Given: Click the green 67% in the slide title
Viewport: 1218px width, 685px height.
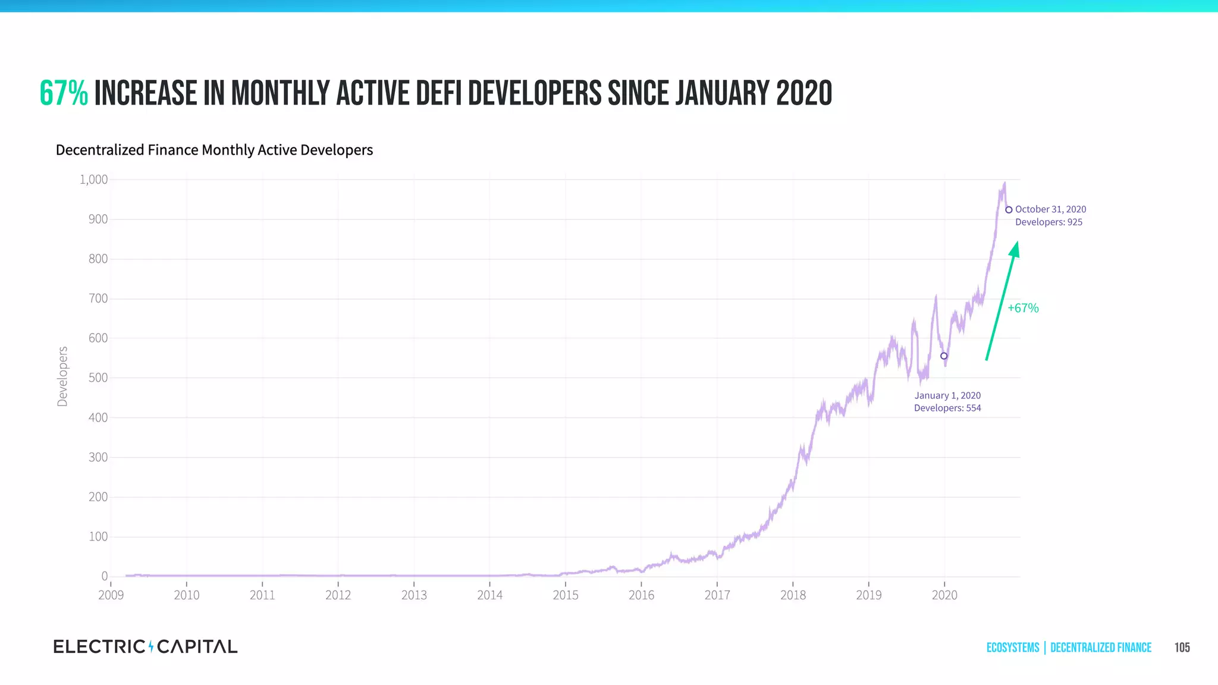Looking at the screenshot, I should click(64, 94).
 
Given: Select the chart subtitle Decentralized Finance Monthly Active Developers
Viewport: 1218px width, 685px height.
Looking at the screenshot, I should click(214, 150).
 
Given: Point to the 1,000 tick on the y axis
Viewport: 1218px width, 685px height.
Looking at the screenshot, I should click(93, 180).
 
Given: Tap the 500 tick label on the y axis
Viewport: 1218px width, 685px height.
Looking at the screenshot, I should click(98, 378).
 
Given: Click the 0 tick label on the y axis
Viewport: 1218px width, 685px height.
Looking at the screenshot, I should click(105, 576).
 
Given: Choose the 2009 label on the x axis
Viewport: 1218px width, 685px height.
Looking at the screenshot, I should click(111, 595).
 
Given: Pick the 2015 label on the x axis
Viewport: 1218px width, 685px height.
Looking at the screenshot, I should click(566, 595).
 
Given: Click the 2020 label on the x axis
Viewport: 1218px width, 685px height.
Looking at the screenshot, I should click(944, 595).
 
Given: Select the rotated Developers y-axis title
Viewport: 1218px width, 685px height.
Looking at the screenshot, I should click(62, 376).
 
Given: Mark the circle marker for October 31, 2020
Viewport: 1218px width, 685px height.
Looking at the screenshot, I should click(1009, 210).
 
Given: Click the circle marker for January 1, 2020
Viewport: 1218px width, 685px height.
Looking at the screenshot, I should click(944, 356).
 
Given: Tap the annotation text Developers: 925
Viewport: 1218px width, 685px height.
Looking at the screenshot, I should click(1049, 222).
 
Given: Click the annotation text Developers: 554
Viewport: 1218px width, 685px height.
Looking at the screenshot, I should click(947, 408).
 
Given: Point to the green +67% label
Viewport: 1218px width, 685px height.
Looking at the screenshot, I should click(1023, 308).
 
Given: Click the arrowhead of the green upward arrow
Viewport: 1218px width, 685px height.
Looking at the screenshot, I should click(1015, 249).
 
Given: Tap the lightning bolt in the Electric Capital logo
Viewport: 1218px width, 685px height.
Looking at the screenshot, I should click(151, 646).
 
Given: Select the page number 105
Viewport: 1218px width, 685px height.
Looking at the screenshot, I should click(1182, 648).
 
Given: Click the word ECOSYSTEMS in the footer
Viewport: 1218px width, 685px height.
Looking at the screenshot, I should click(1013, 648).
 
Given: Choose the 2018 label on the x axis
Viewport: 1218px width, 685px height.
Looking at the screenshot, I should click(793, 595).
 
